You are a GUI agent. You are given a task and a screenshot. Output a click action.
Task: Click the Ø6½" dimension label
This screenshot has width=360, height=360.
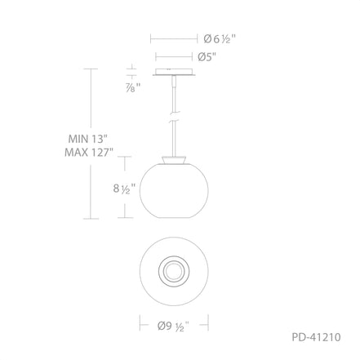click(220, 38)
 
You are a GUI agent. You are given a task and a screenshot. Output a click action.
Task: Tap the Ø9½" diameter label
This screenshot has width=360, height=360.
click(173, 326)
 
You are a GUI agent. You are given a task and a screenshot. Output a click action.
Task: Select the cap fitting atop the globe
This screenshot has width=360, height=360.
click(173, 160)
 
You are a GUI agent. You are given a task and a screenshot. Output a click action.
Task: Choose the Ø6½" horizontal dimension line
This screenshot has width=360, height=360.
click(175, 38)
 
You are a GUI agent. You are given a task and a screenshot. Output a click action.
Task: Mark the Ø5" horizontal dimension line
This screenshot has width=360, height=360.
click(175, 57)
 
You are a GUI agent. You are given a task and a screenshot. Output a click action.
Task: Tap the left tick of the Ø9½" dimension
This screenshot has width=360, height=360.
click(140, 324)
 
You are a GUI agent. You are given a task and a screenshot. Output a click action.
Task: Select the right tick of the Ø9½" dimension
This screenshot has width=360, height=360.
click(208, 324)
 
